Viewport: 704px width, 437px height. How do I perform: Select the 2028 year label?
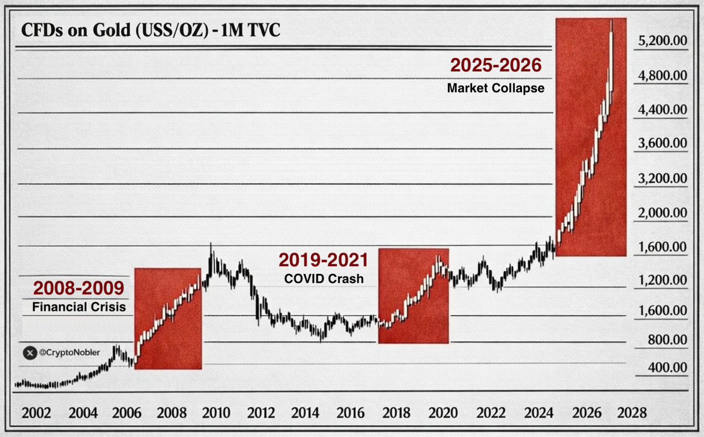[633, 411]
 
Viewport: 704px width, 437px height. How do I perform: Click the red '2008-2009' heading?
[78, 288]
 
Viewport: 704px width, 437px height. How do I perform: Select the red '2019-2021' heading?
[324, 260]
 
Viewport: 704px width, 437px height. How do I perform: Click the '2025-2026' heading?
[496, 65]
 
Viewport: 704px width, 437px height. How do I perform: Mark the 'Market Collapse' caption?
[496, 89]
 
